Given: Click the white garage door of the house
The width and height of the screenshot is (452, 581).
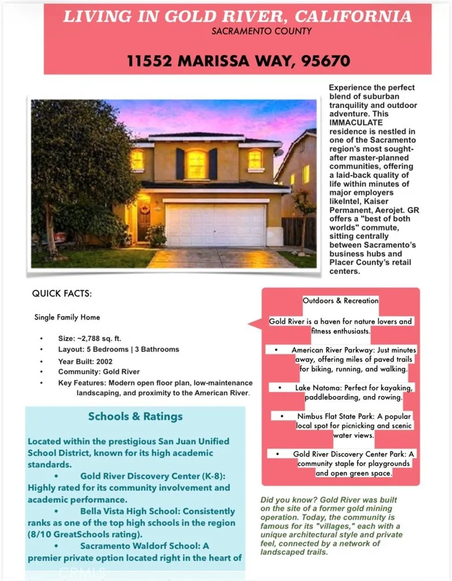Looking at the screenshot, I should [215, 225].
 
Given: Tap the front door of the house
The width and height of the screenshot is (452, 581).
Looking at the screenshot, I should [144, 220].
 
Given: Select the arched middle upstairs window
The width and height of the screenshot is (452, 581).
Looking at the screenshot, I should [196, 164].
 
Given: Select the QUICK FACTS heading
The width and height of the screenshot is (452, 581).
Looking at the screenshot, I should [61, 294].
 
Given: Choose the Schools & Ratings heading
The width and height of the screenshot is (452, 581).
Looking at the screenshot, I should [135, 416].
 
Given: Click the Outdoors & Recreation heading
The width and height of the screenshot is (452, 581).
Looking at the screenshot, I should [340, 301].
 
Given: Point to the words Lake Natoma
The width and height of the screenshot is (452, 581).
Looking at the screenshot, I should [317, 387].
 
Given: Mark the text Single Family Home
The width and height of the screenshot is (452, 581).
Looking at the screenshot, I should [67, 317].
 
